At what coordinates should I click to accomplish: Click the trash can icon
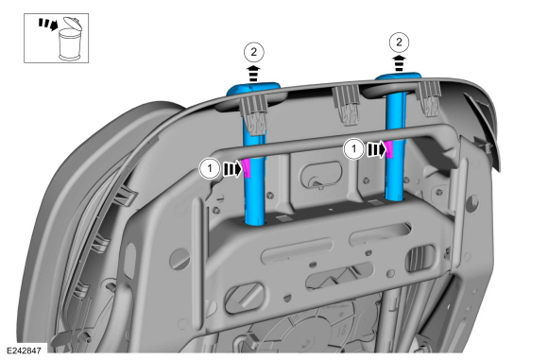pyautogui.click(x=71, y=39)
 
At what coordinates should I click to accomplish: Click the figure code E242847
pyautogui.click(x=25, y=351)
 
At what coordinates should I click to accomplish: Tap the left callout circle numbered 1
pyautogui.click(x=210, y=169)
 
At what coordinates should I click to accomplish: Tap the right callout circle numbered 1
pyautogui.click(x=353, y=149)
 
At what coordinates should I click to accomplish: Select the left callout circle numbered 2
pyautogui.click(x=254, y=52)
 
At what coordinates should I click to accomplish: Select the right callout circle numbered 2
pyautogui.click(x=399, y=43)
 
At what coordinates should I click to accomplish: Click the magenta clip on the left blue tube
pyautogui.click(x=247, y=168)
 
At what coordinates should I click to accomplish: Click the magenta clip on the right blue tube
pyautogui.click(x=389, y=149)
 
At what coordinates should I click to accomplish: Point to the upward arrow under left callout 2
pyautogui.click(x=254, y=74)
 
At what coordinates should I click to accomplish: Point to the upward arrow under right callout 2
pyautogui.click(x=399, y=63)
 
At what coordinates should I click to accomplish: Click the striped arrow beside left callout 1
pyautogui.click(x=232, y=169)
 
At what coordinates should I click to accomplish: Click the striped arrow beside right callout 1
pyautogui.click(x=376, y=149)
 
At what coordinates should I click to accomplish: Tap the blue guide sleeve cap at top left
pyautogui.click(x=253, y=89)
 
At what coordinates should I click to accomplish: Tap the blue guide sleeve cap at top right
pyautogui.click(x=399, y=77)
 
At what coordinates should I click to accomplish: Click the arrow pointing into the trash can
pyautogui.click(x=48, y=25)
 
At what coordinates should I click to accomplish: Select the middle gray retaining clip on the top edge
pyautogui.click(x=347, y=105)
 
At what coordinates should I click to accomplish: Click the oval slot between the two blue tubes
pyautogui.click(x=321, y=173)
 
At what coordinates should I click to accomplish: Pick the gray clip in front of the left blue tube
pyautogui.click(x=254, y=114)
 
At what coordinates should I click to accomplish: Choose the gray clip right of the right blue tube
pyautogui.click(x=429, y=98)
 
